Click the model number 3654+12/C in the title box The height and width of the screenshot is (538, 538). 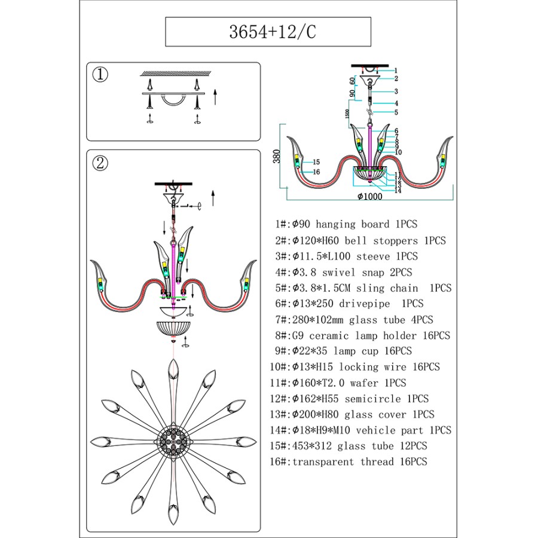click(x=268, y=32)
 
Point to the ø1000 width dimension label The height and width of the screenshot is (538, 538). click(x=369, y=197)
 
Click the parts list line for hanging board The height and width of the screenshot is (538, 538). click(x=346, y=225)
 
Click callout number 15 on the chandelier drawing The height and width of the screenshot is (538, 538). click(x=316, y=162)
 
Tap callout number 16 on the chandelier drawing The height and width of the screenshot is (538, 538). click(x=316, y=172)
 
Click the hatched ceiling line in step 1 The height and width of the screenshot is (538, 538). click(x=175, y=74)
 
